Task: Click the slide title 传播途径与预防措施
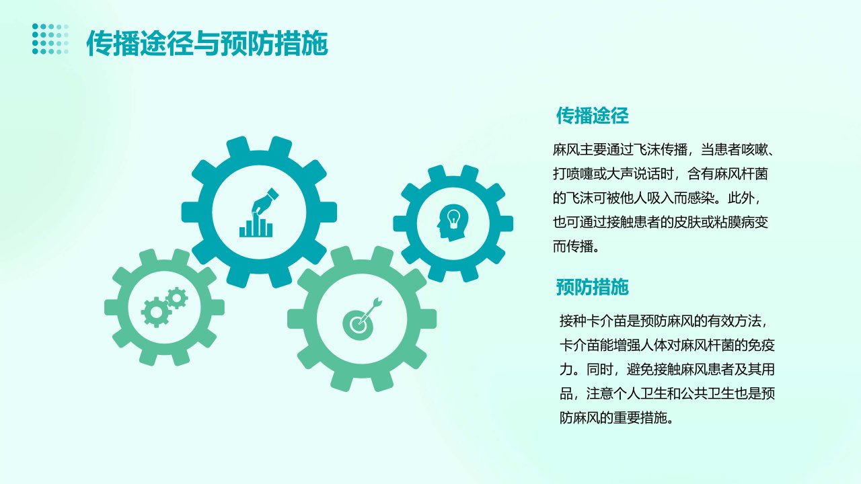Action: [207, 43]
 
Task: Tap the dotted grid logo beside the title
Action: [50, 39]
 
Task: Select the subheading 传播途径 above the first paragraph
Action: [593, 116]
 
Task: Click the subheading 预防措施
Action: [593, 287]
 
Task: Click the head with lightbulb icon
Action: [453, 223]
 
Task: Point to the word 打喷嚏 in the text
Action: [572, 174]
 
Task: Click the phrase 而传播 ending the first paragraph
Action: [572, 246]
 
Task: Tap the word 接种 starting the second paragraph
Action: [572, 321]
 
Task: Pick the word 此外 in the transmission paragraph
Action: [741, 198]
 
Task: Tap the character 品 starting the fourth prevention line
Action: [566, 393]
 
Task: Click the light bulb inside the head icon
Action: [454, 218]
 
